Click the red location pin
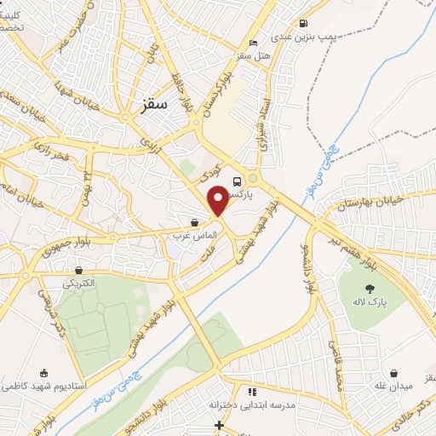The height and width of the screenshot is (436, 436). click(218, 198)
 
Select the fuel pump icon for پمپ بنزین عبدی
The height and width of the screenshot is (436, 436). click(303, 24)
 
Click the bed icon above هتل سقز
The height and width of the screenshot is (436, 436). click(251, 43)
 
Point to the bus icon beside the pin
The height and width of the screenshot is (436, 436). click(237, 180)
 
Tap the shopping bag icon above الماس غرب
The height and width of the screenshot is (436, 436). click(195, 222)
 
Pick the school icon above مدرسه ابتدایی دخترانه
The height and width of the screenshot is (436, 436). click(251, 392)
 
